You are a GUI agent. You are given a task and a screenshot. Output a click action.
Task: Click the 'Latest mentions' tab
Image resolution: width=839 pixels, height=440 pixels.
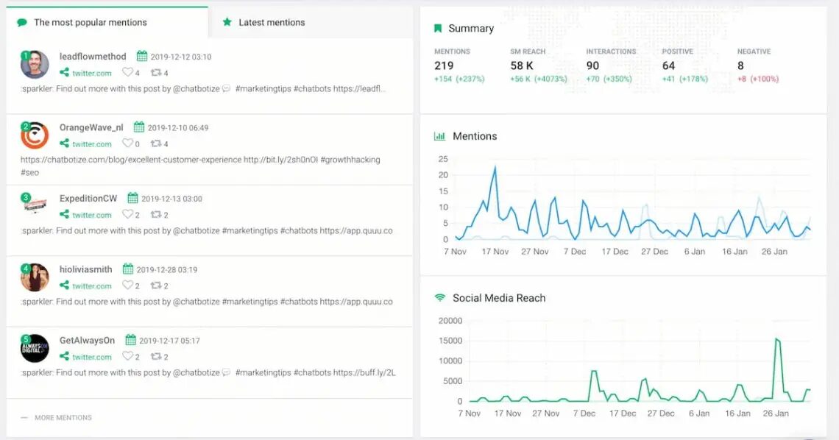pyautogui.click(x=271, y=22)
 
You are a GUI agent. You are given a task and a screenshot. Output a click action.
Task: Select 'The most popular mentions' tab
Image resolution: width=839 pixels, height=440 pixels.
pyautogui.click(x=90, y=22)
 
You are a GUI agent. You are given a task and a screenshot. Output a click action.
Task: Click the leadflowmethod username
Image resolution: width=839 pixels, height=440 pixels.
pyautogui.click(x=93, y=56)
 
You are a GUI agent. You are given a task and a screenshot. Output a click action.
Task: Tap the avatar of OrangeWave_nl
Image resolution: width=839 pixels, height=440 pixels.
pyautogui.click(x=35, y=135)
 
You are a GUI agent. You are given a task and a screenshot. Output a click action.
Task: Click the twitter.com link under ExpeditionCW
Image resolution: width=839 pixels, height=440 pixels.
pyautogui.click(x=91, y=215)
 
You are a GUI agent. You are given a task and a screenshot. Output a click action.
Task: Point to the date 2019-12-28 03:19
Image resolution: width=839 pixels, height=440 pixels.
pyautogui.click(x=166, y=269)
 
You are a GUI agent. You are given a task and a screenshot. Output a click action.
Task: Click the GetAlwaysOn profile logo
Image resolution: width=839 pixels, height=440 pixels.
pyautogui.click(x=35, y=348)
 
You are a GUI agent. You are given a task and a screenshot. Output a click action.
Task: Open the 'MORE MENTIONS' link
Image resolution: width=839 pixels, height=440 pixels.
pyautogui.click(x=63, y=417)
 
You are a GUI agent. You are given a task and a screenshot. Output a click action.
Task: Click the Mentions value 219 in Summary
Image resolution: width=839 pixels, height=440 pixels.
pyautogui.click(x=444, y=65)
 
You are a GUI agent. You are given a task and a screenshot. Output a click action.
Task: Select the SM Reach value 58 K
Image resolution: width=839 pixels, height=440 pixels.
pyautogui.click(x=522, y=65)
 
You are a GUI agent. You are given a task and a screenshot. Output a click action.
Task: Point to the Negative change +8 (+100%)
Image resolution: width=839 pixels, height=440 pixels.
pyautogui.click(x=758, y=79)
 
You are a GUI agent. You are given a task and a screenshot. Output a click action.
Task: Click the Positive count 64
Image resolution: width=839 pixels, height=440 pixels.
pyautogui.click(x=668, y=65)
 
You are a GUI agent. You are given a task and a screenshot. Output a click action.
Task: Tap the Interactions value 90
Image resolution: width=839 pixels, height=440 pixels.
pyautogui.click(x=592, y=65)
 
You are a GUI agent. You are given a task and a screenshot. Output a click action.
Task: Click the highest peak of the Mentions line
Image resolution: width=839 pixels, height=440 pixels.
pyautogui.click(x=495, y=167)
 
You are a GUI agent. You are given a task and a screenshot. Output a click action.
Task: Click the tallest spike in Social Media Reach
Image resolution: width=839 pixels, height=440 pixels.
pyautogui.click(x=776, y=338)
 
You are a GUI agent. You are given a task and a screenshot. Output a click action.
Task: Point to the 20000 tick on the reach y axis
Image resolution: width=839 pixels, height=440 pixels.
pyautogui.click(x=450, y=321)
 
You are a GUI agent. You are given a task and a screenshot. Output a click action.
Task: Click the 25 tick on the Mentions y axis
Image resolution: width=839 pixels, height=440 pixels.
pyautogui.click(x=443, y=159)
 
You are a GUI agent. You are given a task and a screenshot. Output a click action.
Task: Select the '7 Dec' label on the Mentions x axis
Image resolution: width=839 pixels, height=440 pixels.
pyautogui.click(x=575, y=252)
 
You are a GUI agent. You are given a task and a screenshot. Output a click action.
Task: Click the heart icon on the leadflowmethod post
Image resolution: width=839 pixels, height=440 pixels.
pyautogui.click(x=127, y=73)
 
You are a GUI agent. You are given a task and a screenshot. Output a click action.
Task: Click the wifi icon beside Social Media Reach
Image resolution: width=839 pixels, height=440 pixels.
pyautogui.click(x=440, y=298)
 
